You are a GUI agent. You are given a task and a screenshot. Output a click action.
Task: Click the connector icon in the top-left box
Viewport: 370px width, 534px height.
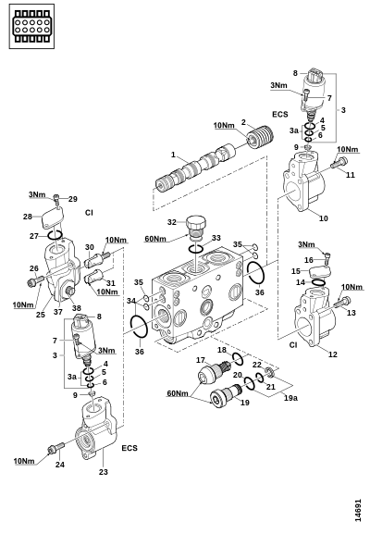[x=31, y=26]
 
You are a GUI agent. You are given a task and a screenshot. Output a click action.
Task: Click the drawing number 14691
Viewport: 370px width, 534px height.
[x=358, y=511]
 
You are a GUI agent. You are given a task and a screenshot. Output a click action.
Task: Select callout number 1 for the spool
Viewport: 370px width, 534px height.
[x=173, y=155]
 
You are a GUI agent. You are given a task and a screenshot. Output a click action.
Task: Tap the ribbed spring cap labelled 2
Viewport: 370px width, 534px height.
[x=261, y=136]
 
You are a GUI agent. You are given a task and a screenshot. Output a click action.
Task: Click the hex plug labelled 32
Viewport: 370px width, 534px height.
[x=196, y=227]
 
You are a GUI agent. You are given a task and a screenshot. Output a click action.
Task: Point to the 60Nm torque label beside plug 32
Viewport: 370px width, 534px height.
[x=155, y=239]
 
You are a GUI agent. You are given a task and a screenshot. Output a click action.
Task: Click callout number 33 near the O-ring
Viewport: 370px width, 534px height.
[x=216, y=238]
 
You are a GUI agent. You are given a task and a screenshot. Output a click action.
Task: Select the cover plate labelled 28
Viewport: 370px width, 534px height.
[x=53, y=218]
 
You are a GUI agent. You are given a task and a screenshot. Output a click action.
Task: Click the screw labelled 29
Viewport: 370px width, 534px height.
[x=56, y=200]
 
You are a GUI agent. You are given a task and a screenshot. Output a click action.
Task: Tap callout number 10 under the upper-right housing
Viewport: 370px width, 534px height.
[x=324, y=218]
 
